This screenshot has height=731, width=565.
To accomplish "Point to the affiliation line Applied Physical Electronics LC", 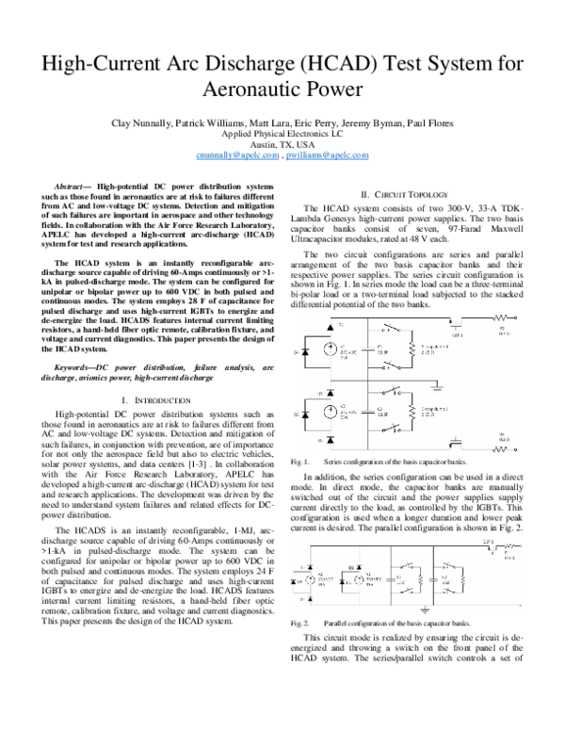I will (282, 134).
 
